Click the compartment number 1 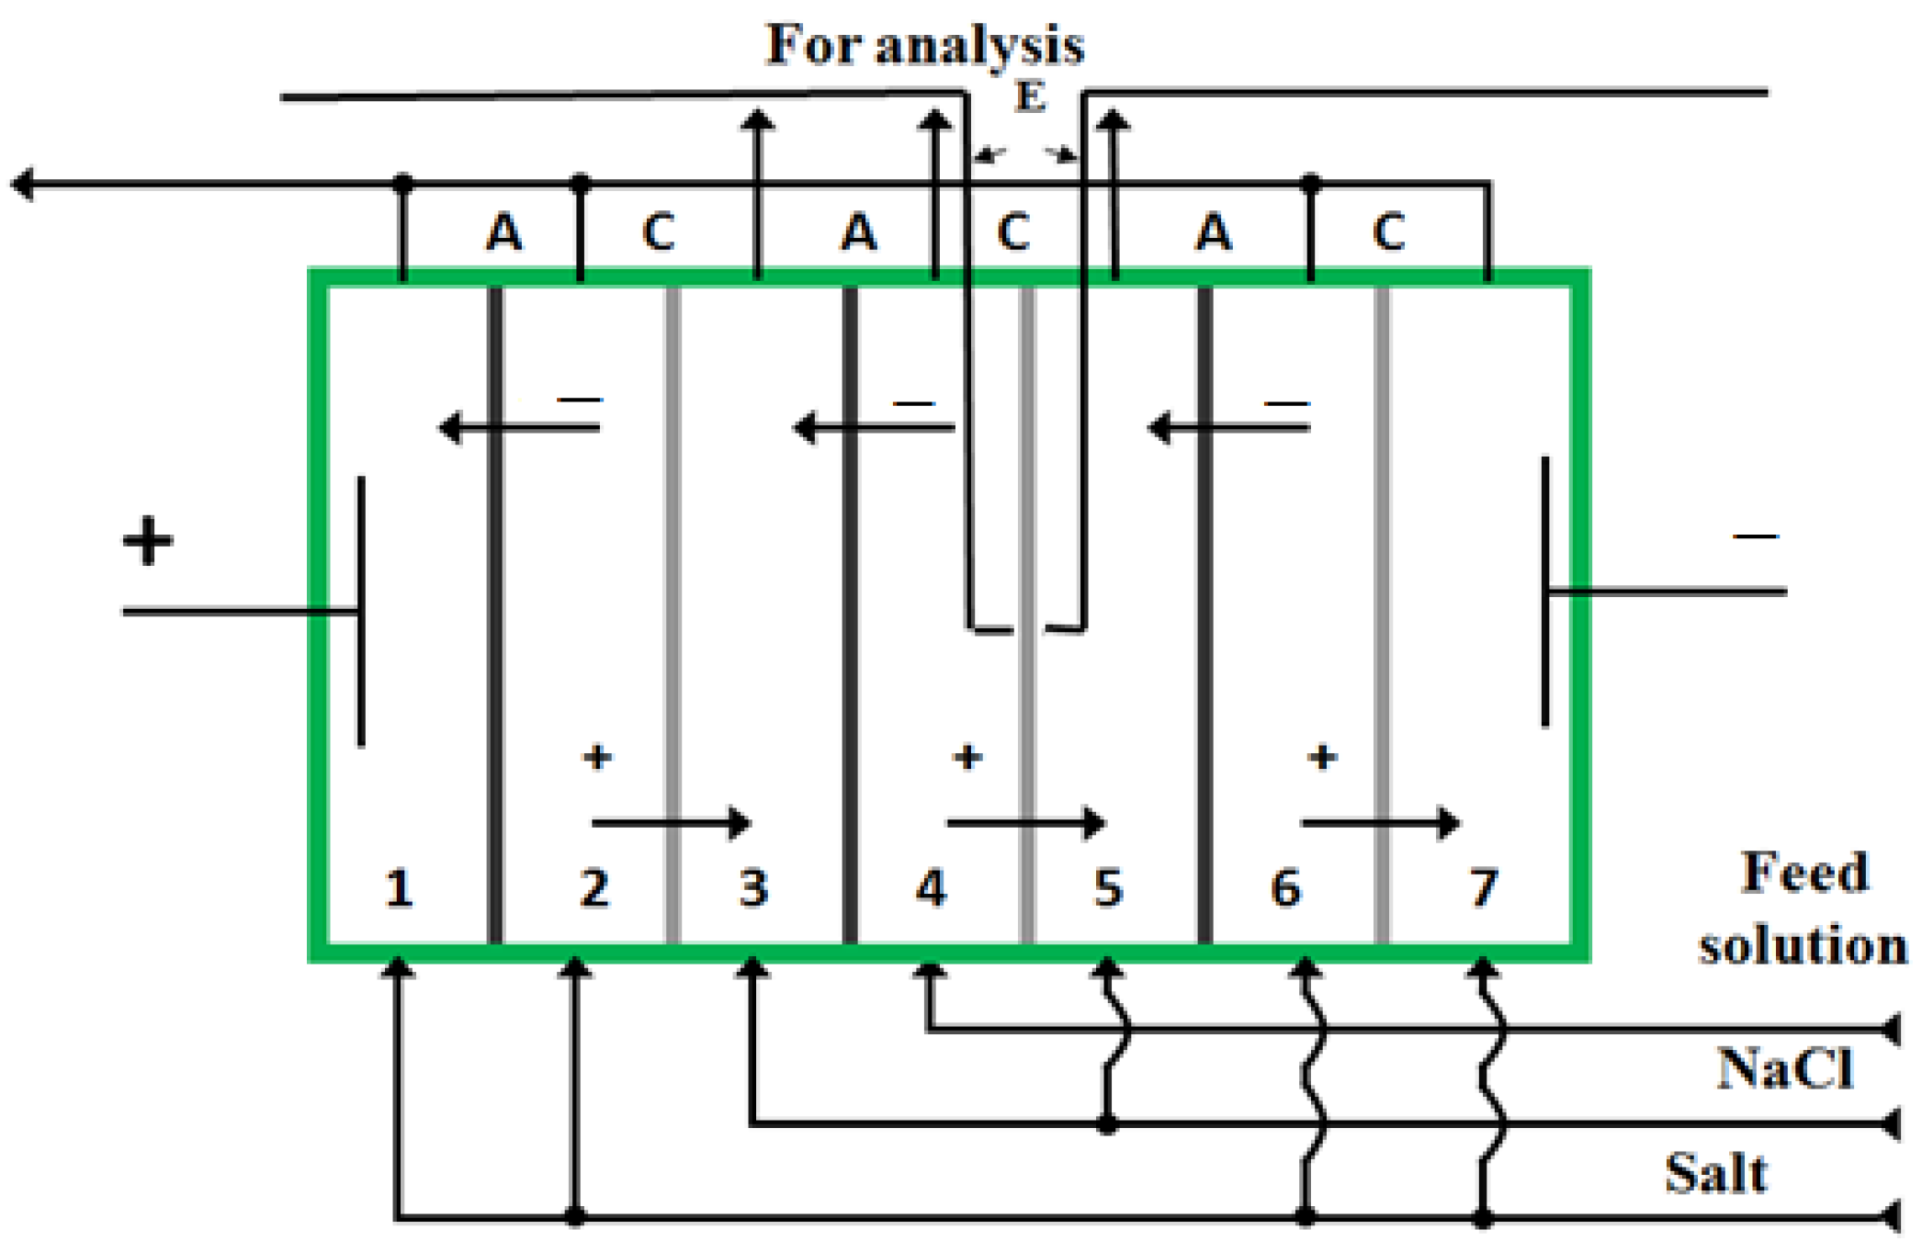tap(398, 888)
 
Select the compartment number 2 tap(594, 888)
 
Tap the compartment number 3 tap(753, 888)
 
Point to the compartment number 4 tap(931, 888)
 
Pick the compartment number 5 tap(1108, 888)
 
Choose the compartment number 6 tap(1285, 888)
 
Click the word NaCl tap(1785, 1069)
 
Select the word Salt tap(1716, 1174)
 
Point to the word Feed tap(1804, 873)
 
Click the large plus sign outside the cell tap(148, 540)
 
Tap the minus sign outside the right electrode tap(1756, 536)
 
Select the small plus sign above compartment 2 tap(597, 757)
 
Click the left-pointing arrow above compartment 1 tap(519, 427)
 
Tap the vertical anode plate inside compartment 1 tap(361, 611)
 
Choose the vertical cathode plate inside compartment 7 tap(1545, 592)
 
